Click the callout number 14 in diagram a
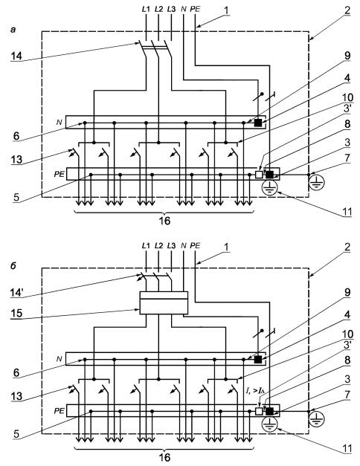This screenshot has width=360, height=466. [x=16, y=55]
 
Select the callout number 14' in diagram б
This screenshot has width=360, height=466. [x=17, y=292]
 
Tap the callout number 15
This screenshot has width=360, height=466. [x=16, y=313]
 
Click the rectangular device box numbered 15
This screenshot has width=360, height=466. [x=164, y=302]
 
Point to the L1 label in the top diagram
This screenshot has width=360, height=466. [x=146, y=9]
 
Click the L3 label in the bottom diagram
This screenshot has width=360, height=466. [x=171, y=246]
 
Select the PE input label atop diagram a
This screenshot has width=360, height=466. [x=195, y=9]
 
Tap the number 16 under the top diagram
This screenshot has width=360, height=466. [x=164, y=221]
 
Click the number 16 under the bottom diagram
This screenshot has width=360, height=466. [x=164, y=457]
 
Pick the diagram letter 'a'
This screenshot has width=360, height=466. [x=13, y=30]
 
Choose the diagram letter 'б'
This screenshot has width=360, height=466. [x=13, y=266]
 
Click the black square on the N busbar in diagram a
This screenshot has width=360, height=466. [x=258, y=123]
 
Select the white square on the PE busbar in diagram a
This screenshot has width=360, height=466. [x=259, y=175]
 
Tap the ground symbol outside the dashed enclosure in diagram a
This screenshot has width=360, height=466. [x=317, y=183]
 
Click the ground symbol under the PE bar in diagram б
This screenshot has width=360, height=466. [x=269, y=424]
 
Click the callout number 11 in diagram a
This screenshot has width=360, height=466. [x=347, y=213]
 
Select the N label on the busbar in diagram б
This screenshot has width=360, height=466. [x=59, y=359]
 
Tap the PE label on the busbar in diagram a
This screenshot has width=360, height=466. [x=59, y=175]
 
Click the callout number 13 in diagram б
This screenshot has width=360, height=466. [x=16, y=396]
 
